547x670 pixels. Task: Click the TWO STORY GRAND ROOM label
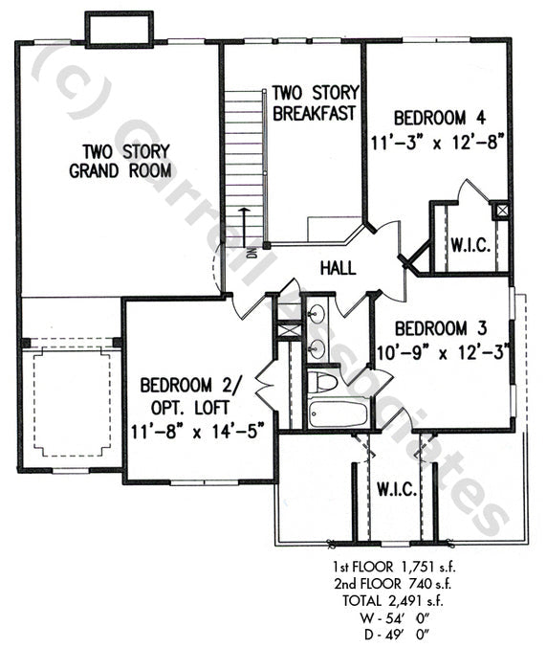click(x=120, y=161)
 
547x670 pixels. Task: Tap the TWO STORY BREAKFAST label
click(x=314, y=102)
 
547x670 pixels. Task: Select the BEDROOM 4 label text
click(x=441, y=119)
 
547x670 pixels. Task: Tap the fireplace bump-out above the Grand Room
click(x=119, y=30)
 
